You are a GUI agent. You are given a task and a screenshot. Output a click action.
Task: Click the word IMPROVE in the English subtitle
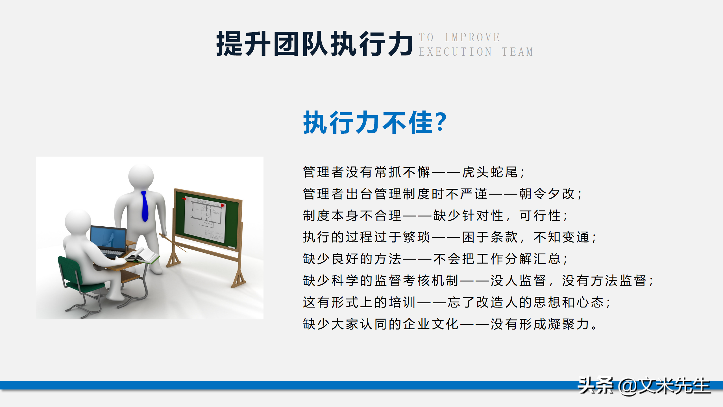pyautogui.click(x=472, y=38)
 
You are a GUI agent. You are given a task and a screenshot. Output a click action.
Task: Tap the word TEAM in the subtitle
pyautogui.click(x=517, y=52)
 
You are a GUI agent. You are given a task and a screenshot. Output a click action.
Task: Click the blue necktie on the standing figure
pyautogui.click(x=145, y=206)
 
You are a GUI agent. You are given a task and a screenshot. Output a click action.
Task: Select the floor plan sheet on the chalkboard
pyautogui.click(x=205, y=219)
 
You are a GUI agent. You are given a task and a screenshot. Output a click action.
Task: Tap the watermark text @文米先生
pyautogui.click(x=664, y=386)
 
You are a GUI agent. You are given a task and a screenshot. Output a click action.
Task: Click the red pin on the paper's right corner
pyautogui.click(x=222, y=205)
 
